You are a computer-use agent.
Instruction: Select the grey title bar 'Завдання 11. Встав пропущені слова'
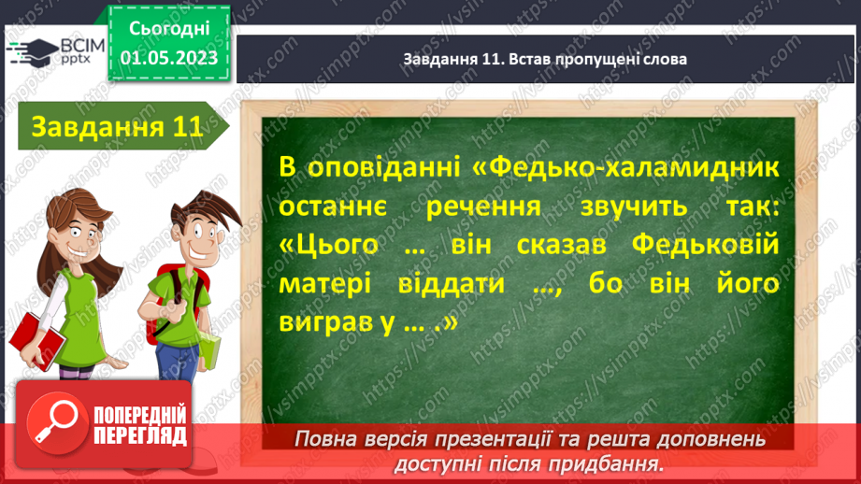(x=545, y=58)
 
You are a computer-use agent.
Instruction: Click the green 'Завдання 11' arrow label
(x=117, y=128)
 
